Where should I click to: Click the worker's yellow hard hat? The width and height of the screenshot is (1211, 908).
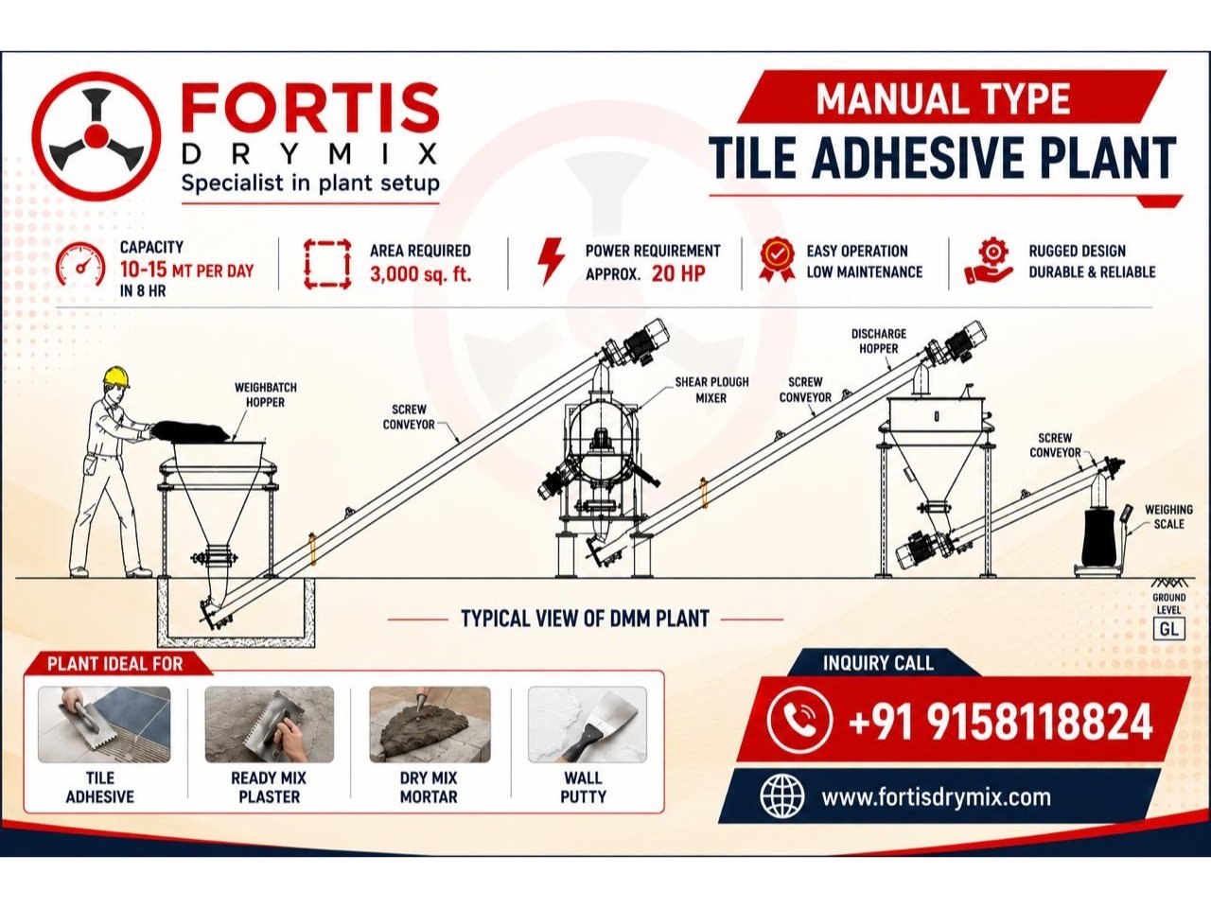coord(115,377)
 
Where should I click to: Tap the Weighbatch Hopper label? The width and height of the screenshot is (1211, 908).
coord(265,394)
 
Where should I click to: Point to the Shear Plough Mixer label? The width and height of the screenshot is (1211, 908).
coord(711,390)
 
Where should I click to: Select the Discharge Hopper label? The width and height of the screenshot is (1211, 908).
coord(878,341)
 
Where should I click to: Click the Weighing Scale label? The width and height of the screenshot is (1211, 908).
coord(1168,516)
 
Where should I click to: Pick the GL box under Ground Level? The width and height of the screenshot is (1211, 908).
coord(1168,629)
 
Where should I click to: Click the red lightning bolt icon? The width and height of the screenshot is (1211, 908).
coord(552,261)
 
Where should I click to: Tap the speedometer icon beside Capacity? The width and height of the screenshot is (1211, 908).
coord(81,265)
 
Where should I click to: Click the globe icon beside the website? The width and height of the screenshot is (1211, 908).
coord(781,796)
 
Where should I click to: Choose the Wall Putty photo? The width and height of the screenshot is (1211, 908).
coord(587,725)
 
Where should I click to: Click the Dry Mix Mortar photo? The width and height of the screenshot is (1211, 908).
coord(430,725)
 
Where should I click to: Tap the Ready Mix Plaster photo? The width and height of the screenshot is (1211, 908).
coord(270,725)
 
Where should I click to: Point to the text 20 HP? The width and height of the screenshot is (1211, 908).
coord(678,273)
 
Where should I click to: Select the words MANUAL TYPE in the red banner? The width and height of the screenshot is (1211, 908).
coord(943,98)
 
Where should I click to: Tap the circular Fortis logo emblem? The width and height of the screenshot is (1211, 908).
coord(96,135)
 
